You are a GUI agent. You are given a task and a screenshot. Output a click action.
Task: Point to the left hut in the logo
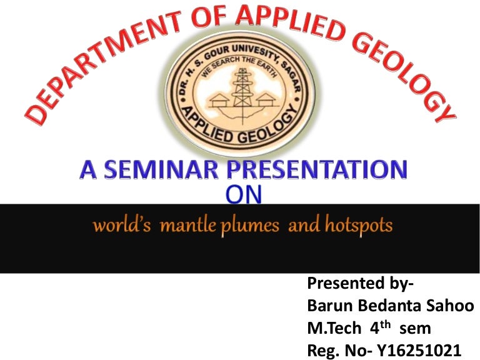pos(219,100)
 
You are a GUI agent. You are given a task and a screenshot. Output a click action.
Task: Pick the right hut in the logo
pos(266,100)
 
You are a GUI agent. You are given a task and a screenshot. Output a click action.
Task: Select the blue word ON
pos(244,194)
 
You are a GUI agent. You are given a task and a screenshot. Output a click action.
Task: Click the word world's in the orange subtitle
pos(122,225)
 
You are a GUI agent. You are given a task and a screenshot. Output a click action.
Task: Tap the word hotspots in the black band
pos(359,226)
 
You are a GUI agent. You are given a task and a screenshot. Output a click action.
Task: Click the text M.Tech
pos(334,328)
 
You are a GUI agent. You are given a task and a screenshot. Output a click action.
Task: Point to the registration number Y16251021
pos(419,351)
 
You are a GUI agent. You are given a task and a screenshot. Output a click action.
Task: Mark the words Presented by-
pos(360,284)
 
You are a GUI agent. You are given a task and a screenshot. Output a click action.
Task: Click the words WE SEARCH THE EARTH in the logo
pos(239,65)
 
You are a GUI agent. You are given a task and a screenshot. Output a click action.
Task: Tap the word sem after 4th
pos(416,329)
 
